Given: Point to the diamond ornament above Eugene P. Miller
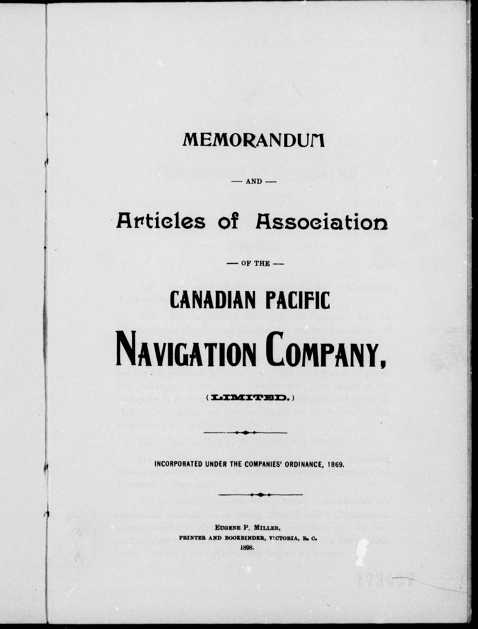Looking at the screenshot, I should click(261, 494).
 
